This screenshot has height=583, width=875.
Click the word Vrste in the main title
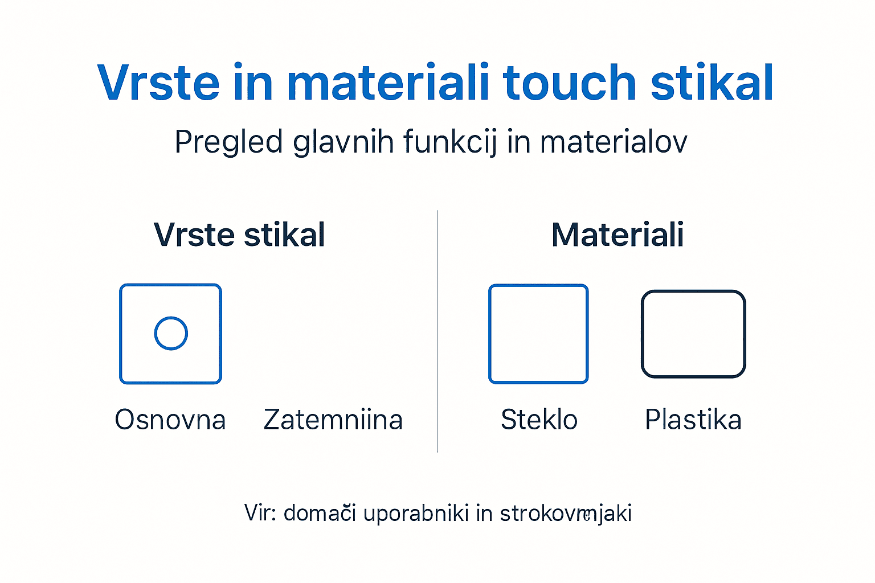(158, 83)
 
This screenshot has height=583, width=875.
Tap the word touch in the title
(569, 83)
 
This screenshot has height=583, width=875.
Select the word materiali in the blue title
(388, 83)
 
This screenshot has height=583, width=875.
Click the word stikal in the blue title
(712, 83)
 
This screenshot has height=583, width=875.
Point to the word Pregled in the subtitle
(228, 142)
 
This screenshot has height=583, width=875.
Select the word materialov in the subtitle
(614, 142)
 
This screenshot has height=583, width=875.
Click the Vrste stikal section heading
(239, 235)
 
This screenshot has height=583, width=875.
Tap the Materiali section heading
(618, 235)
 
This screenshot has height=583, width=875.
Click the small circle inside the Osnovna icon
(171, 333)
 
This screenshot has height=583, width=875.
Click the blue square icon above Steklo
(538, 334)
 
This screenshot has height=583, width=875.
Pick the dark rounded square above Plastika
(693, 334)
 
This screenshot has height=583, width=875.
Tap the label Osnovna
(170, 420)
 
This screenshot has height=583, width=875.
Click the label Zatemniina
(333, 420)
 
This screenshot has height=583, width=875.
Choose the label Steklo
(539, 420)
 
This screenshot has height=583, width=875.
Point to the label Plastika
(693, 420)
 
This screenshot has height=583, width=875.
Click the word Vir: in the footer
(260, 513)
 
